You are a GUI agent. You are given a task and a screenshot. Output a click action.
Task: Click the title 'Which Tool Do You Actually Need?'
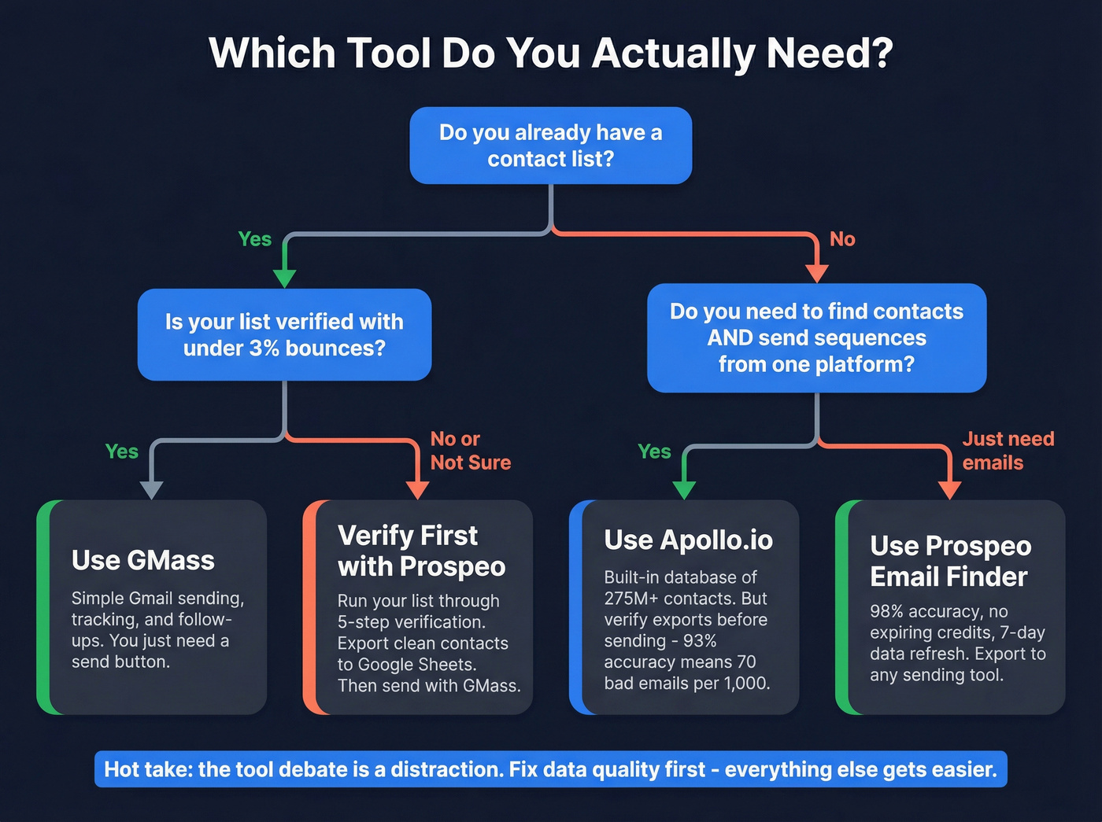tap(550, 53)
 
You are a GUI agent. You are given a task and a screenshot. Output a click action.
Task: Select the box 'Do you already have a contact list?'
tap(550, 146)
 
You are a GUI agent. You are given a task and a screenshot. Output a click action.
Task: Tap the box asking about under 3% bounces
tap(284, 334)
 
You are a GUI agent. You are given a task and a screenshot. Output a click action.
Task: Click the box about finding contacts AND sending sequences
tap(816, 337)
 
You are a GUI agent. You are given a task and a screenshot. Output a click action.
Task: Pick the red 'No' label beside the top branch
tap(842, 239)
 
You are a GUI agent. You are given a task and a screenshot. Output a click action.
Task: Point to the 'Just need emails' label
tap(1008, 451)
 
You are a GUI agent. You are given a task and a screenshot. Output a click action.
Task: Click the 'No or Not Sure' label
tap(470, 451)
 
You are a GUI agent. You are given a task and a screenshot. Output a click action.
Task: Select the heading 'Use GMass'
tap(142, 560)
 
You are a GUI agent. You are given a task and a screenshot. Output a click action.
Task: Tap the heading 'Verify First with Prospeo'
tap(421, 551)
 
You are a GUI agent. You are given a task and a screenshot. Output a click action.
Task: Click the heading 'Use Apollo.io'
tap(688, 540)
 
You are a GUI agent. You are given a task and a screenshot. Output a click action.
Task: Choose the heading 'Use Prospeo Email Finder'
tap(950, 561)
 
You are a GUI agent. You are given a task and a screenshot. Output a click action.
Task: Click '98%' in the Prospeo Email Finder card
tap(886, 611)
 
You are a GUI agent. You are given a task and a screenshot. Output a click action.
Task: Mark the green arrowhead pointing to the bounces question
tap(284, 278)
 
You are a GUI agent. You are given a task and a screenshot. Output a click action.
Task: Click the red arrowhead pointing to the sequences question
tap(817, 273)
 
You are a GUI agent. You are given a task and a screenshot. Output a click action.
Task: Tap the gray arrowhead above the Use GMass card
tap(151, 489)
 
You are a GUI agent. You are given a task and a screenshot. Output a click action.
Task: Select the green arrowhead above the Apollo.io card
tap(684, 489)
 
